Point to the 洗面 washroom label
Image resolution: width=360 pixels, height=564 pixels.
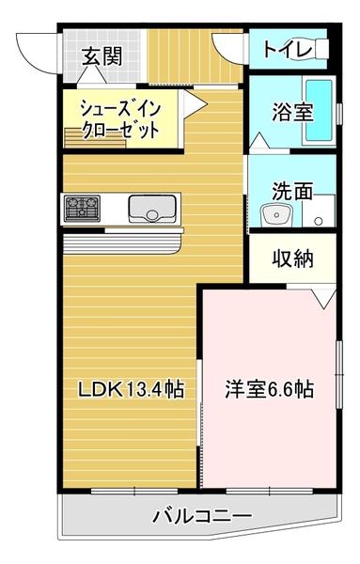292,191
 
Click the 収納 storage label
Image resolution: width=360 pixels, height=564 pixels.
293,258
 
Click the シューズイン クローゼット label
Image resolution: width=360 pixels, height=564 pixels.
119,119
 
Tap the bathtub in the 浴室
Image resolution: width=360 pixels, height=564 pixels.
319,111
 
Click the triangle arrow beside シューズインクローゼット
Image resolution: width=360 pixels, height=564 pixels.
188,106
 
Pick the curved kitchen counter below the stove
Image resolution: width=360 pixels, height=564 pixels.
122,243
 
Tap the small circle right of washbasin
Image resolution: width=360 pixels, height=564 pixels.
319,222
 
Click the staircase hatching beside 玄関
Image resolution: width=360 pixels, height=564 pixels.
183,54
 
